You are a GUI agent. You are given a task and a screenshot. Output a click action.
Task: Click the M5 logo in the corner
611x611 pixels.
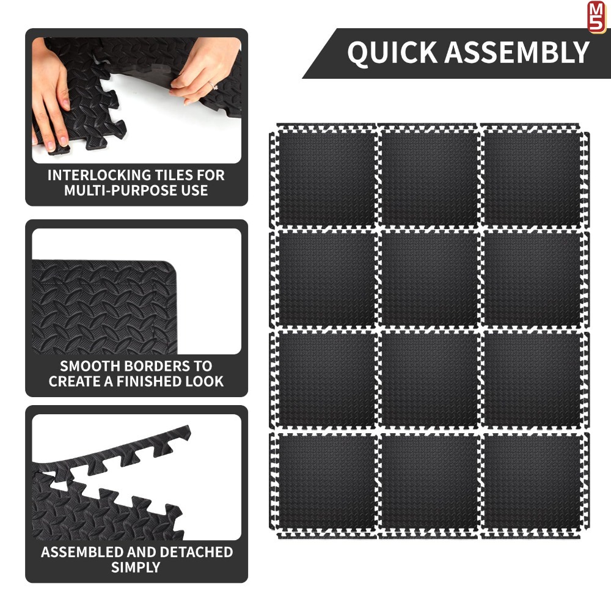coord(596,16)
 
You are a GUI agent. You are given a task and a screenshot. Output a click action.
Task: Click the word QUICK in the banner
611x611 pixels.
coord(392,53)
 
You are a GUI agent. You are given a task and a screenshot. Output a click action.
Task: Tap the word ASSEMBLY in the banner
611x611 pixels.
coord(517,52)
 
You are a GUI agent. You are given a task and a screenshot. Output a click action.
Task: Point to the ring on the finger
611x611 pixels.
coord(213,86)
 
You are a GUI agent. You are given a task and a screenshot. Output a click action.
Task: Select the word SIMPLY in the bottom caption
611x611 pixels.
coord(136,568)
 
